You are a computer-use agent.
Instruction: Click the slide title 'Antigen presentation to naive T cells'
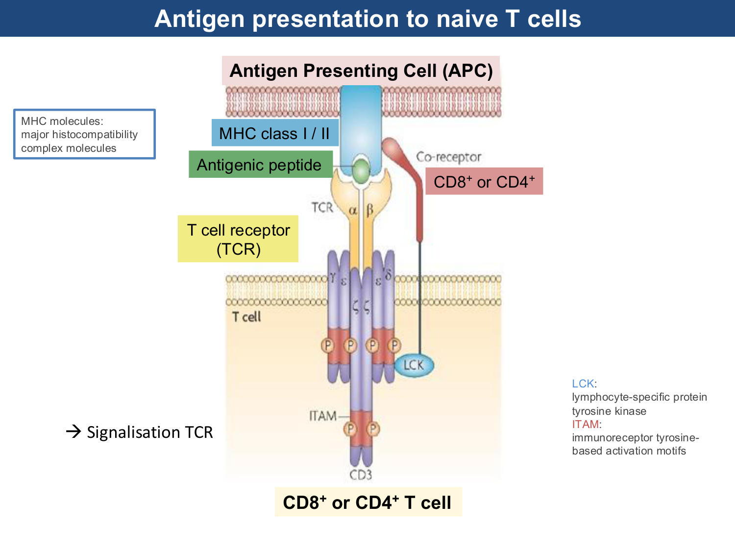coord(367,19)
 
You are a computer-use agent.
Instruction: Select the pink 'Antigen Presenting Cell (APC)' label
coord(361,71)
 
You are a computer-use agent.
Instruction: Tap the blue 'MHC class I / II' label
coord(274,133)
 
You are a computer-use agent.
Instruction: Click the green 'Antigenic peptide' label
coord(259,165)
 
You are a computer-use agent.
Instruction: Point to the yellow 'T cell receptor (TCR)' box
coord(238,239)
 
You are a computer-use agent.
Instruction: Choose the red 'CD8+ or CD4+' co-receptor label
coord(484,182)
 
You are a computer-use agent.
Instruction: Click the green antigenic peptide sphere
coord(361,170)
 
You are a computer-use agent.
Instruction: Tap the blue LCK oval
coord(414,365)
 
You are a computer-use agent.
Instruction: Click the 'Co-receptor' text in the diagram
coord(448,157)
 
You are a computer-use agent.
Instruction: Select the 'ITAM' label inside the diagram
coord(323,416)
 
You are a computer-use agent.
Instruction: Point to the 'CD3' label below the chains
coord(361,475)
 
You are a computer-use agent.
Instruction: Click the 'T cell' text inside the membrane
coord(246,317)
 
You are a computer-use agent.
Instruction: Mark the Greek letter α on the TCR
coord(353,210)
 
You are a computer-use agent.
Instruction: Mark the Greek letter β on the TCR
coord(369,210)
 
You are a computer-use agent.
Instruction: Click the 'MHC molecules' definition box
coord(84,134)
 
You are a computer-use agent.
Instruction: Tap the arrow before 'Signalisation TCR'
coord(73,431)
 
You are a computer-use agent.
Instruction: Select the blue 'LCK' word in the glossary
coord(583,383)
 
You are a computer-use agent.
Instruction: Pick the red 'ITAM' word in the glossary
coord(585,424)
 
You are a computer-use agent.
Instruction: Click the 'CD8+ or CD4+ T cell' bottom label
coord(367,503)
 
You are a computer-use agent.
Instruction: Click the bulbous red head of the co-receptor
coord(393,147)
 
